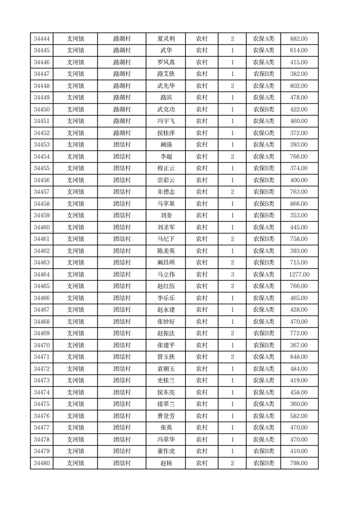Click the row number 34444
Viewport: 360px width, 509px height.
pos(41,39)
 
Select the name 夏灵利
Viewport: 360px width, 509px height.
pos(165,39)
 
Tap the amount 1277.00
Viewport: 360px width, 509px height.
pos(299,274)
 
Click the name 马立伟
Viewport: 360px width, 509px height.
pos(165,274)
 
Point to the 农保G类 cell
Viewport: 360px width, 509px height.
pos(263,133)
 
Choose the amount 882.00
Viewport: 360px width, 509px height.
pos(299,39)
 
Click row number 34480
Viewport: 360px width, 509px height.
pos(41,463)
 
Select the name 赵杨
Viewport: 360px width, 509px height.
pos(165,463)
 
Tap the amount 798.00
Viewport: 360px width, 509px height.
pos(299,463)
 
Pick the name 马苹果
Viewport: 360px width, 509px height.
pos(165,204)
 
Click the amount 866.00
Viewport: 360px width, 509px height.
pos(299,204)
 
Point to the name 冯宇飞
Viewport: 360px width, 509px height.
pos(165,121)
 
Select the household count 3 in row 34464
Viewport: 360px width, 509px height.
pos(232,274)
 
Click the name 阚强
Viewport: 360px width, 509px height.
pos(165,145)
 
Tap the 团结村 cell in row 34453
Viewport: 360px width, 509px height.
pos(122,145)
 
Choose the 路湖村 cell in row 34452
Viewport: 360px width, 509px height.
pos(122,133)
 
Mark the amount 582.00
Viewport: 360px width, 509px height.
pos(299,416)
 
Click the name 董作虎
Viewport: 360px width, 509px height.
pos(165,451)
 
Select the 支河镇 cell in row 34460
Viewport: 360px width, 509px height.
pos(75,227)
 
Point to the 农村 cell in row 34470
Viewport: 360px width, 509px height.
pos(201,345)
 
